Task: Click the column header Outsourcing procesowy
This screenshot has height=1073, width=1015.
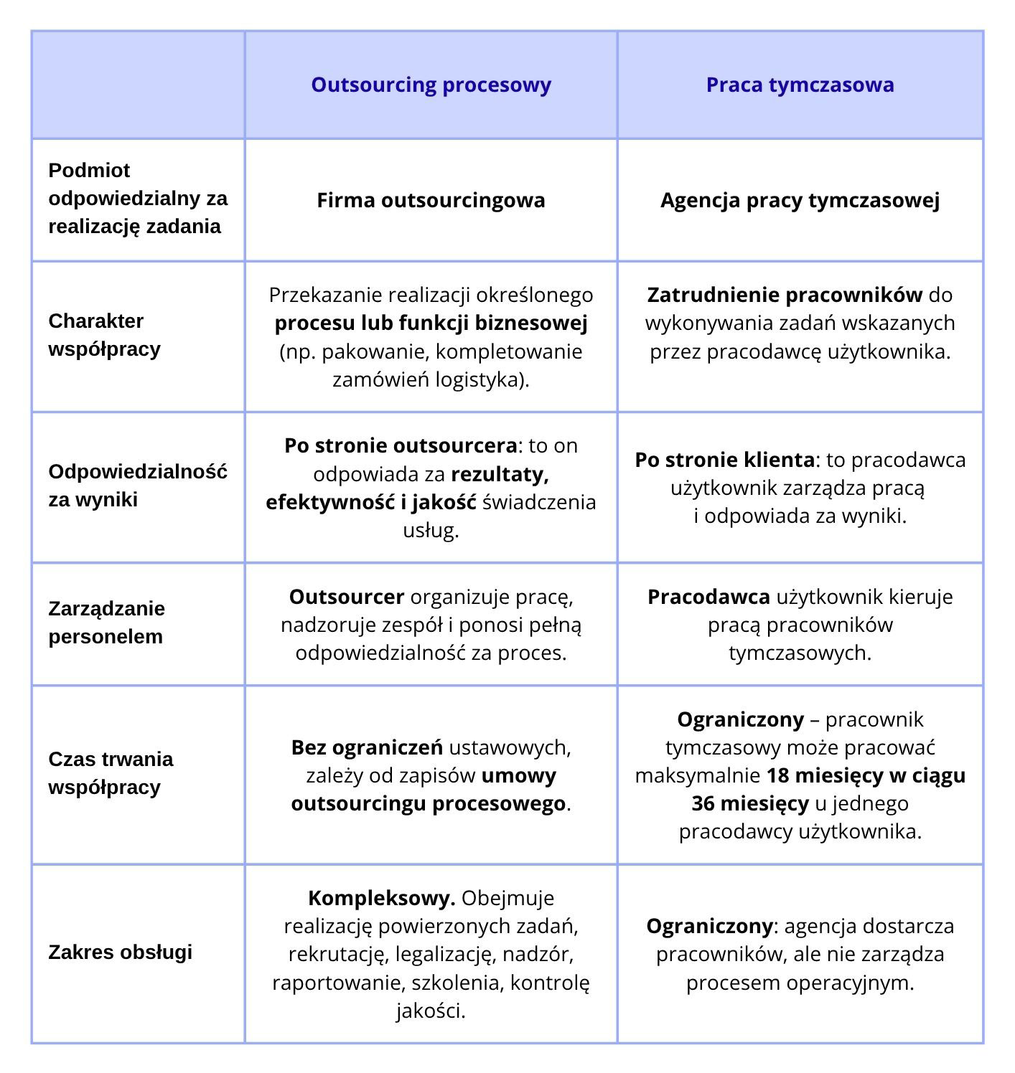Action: point(431,85)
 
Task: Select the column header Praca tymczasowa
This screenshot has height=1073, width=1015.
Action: point(800,85)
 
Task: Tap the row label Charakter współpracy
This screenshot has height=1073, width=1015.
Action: point(105,335)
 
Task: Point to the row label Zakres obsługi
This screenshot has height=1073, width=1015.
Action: point(120,953)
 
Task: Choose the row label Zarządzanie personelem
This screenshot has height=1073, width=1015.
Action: point(106,623)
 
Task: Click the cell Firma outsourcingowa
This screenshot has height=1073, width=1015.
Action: point(431,200)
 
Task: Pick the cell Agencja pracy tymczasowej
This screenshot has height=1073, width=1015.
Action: point(800,200)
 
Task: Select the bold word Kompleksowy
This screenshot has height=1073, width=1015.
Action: point(381,898)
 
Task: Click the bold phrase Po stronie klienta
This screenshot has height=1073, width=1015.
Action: point(724,460)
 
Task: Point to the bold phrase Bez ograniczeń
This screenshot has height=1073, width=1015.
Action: point(367,747)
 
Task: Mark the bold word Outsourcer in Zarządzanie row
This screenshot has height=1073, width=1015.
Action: point(347,597)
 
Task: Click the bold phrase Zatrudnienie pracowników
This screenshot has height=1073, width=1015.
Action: point(785,295)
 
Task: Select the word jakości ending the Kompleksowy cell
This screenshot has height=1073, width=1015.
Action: point(431,1011)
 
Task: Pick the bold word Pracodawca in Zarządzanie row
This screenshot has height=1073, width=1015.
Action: point(708,597)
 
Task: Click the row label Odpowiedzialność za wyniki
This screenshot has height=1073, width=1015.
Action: point(137,486)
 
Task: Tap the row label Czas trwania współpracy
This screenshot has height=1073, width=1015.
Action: point(111,773)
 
